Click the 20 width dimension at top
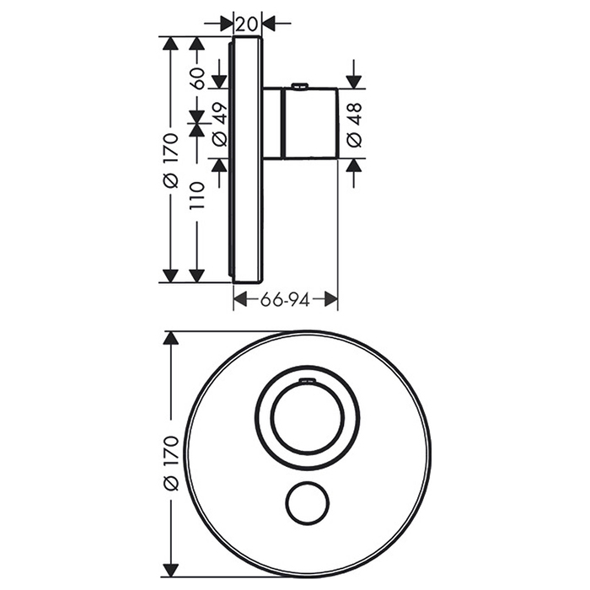click(247, 24)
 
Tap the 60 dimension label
click(198, 78)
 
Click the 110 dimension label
click(198, 196)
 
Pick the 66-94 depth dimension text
click(285, 300)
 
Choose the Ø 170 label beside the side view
click(171, 160)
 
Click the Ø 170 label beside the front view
click(171, 464)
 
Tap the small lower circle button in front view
click(308, 502)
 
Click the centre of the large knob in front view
click(308, 418)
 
